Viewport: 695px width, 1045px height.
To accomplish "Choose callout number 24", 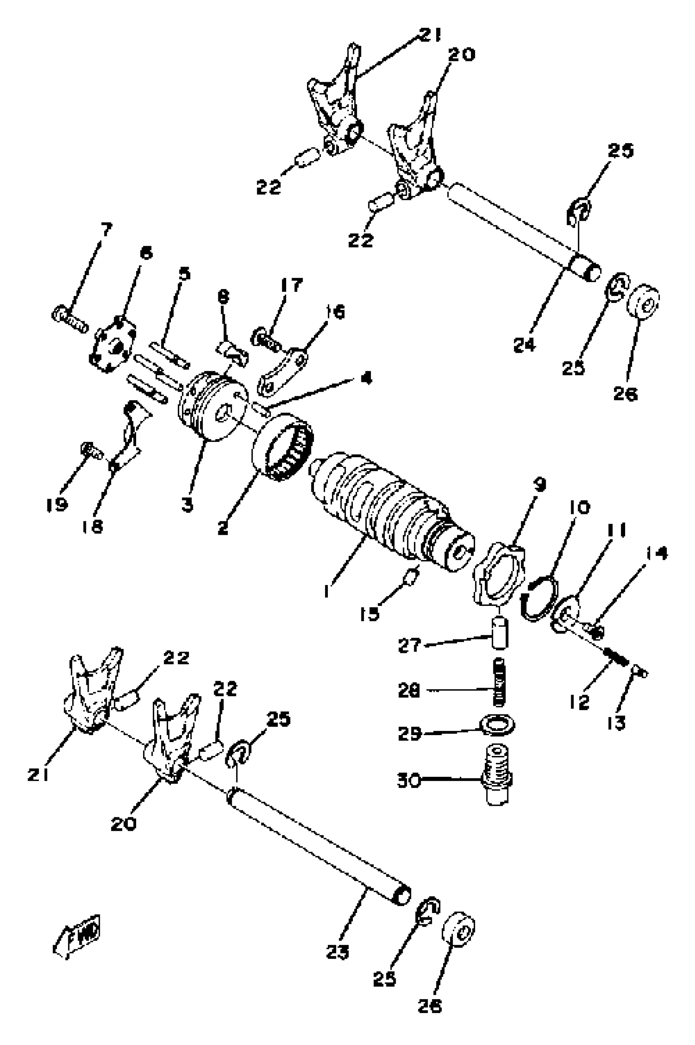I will point(525,344).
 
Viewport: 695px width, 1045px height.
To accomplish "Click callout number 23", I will point(337,951).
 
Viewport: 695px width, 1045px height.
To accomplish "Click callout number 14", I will point(656,553).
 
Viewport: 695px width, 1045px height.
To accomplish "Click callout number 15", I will point(369,613).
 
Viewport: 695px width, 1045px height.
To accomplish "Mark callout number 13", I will point(616,723).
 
